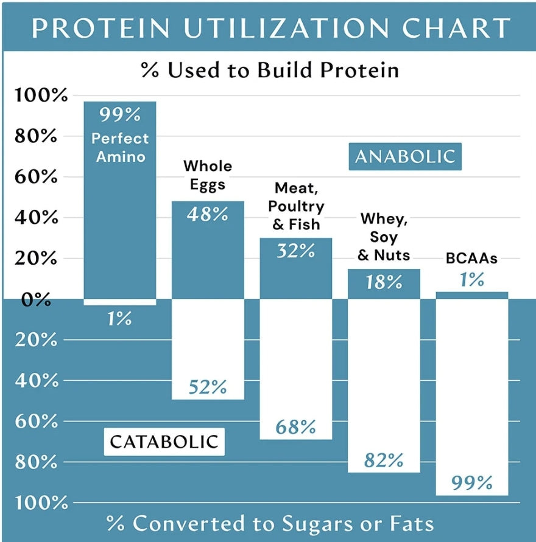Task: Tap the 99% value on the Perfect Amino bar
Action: click(120, 114)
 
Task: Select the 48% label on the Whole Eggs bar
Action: click(208, 214)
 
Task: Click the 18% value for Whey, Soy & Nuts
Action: click(384, 282)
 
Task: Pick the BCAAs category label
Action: click(471, 258)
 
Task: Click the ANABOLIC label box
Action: click(405, 156)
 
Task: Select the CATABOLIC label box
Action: click(164, 441)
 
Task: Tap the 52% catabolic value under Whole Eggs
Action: click(208, 387)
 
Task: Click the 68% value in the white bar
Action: click(295, 427)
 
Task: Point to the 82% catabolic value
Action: click(384, 460)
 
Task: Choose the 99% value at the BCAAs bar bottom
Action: click(471, 483)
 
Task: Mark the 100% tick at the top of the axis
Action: click(38, 96)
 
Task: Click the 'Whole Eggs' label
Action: click(208, 175)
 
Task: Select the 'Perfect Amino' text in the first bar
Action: click(119, 147)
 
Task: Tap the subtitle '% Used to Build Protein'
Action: click(270, 70)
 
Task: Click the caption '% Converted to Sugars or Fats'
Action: click(270, 523)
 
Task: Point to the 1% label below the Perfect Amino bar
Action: click(120, 318)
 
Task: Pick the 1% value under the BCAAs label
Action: click(471, 279)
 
